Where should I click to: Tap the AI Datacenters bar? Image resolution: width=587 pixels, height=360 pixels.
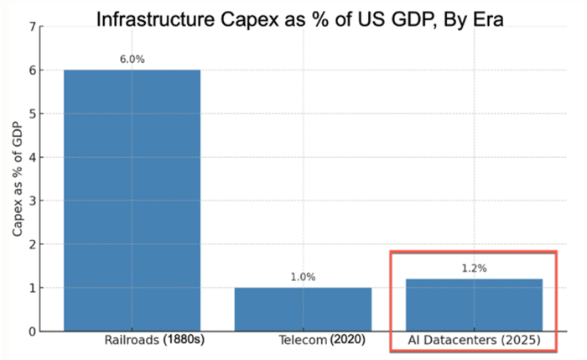(474, 305)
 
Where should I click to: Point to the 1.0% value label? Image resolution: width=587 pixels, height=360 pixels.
(303, 277)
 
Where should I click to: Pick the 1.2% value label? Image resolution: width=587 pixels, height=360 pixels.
(474, 268)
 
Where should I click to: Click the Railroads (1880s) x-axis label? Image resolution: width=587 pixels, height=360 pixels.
(155, 342)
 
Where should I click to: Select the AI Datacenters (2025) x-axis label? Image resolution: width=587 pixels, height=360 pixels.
(475, 342)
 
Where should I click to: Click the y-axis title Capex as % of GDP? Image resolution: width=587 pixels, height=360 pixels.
(16, 179)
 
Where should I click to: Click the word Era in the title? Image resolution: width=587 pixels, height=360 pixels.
(485, 19)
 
